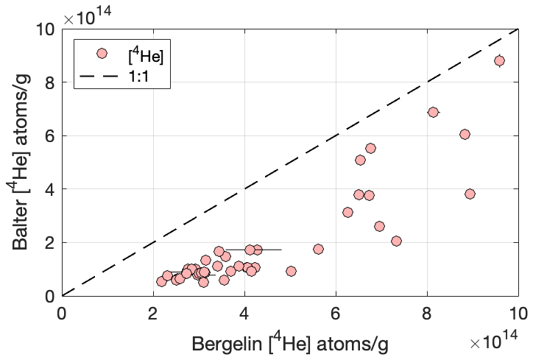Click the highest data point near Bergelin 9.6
tap(499, 60)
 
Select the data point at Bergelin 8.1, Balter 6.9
tap(433, 112)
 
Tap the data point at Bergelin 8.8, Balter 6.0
tap(465, 134)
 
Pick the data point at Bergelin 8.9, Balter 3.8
tap(470, 194)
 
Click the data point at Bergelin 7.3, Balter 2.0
tap(396, 241)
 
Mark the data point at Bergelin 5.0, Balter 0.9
tap(291, 271)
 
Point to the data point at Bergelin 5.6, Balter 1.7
tap(318, 249)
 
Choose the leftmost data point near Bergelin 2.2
tap(162, 281)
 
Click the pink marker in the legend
tap(102, 53)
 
